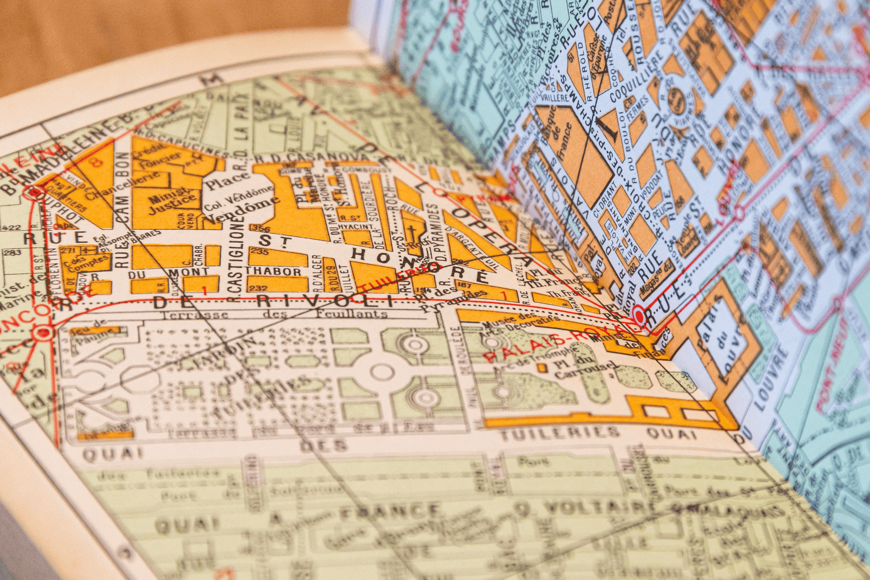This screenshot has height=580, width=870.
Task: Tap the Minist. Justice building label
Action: (173, 204)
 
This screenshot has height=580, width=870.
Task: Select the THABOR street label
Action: (273, 271)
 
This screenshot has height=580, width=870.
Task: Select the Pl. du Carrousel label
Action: (585, 370)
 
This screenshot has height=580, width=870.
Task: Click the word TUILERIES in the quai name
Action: (559, 433)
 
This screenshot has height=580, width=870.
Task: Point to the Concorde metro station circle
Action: (43, 333)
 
